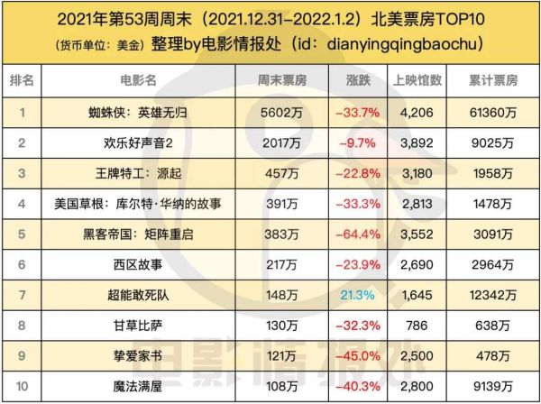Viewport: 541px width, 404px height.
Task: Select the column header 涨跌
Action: (357, 81)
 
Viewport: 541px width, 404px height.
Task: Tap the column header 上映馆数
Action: (417, 81)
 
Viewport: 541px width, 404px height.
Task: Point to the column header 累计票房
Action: (492, 81)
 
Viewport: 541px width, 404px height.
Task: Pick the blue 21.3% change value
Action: (357, 294)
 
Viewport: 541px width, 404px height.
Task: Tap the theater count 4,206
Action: (417, 114)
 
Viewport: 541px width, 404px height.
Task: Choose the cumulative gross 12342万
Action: (492, 294)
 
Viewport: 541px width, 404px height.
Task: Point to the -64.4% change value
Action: (357, 234)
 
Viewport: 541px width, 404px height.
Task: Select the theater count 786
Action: (417, 324)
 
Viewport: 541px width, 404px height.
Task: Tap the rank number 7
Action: (22, 294)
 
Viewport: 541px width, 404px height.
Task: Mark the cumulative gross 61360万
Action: (492, 114)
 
